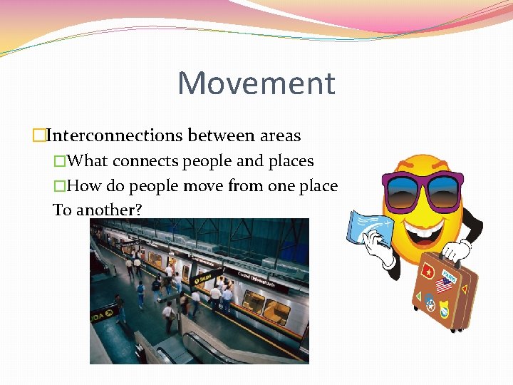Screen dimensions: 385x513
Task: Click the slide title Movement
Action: click(x=256, y=83)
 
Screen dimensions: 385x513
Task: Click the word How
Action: click(x=85, y=186)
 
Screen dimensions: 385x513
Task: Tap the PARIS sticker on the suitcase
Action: click(x=449, y=274)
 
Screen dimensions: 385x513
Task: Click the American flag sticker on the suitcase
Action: click(x=444, y=287)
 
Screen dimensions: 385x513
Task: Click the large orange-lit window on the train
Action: click(x=276, y=311)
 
